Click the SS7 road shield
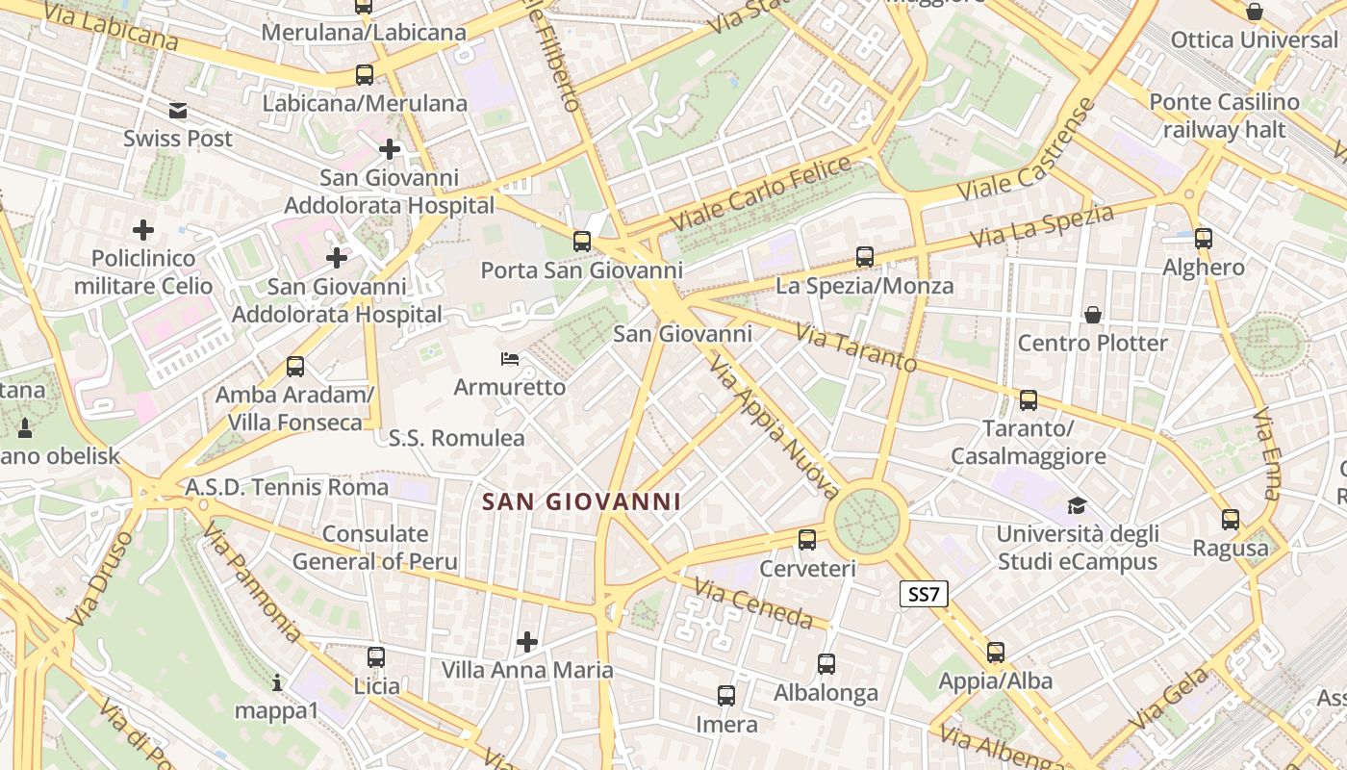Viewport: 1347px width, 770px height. [x=924, y=595]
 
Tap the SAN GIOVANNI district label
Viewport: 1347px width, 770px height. [x=581, y=501]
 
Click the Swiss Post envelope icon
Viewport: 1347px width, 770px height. [x=178, y=111]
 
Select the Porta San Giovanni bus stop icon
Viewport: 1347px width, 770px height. [x=582, y=242]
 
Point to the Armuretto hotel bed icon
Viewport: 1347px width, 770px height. [x=510, y=360]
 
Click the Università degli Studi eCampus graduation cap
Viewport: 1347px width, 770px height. [x=1077, y=506]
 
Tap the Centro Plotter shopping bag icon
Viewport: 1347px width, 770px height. [x=1092, y=315]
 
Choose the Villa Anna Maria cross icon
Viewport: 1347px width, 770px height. [x=526, y=641]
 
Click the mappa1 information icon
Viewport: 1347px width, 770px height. [x=277, y=683]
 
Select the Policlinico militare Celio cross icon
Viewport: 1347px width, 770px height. [x=143, y=230]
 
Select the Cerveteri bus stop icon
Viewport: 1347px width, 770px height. [x=807, y=540]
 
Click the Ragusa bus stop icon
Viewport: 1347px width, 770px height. [x=1230, y=520]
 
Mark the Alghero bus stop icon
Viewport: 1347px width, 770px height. [x=1203, y=239]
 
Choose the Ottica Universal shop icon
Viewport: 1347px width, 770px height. [x=1255, y=13]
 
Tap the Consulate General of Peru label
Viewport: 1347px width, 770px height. [x=375, y=548]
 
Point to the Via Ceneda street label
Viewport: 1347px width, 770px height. [x=754, y=603]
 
